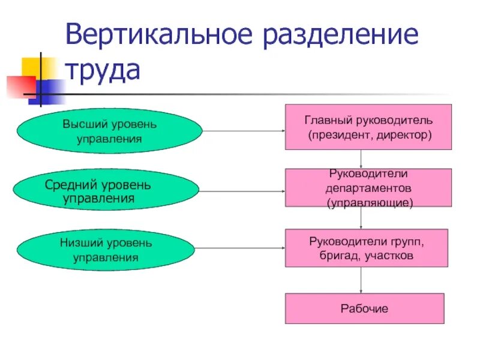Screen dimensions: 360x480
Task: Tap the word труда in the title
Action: [103, 70]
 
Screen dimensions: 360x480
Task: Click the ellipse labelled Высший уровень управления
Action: [109, 131]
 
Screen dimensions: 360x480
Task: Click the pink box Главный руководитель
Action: [368, 127]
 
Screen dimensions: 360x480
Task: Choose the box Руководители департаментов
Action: [368, 188]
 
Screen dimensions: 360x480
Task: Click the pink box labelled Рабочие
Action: [364, 308]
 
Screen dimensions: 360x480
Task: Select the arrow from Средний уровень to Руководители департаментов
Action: [243, 191]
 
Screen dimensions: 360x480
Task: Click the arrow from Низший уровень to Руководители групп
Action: [243, 248]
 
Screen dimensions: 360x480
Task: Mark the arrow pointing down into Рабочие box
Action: [361, 280]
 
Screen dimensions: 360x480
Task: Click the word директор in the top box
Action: [406, 136]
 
